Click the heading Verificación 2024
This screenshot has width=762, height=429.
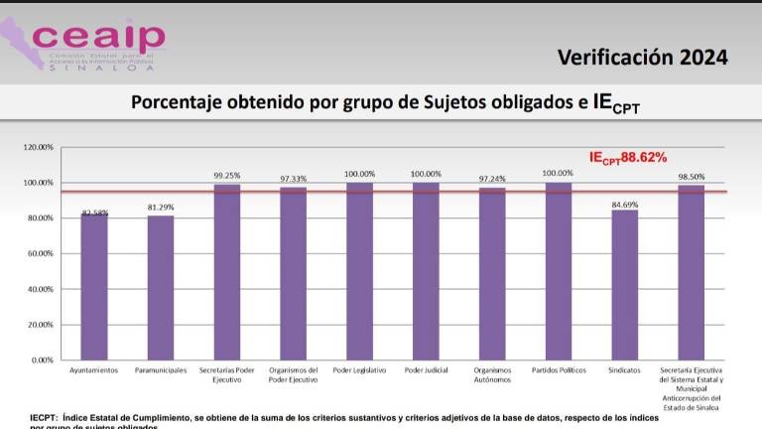coord(642,57)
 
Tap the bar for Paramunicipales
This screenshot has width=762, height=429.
coord(161,287)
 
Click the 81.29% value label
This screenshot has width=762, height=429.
coord(161,207)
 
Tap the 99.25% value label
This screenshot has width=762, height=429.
coord(227,175)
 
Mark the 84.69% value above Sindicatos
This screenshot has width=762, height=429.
coord(625,202)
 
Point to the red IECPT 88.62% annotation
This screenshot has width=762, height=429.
coord(628,157)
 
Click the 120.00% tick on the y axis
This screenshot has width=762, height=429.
coord(38,147)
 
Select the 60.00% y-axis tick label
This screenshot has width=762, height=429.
coord(38,253)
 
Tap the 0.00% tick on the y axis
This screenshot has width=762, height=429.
coord(41,359)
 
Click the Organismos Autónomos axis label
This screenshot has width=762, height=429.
coord(492,375)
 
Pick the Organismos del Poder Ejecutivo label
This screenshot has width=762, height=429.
coord(293,375)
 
